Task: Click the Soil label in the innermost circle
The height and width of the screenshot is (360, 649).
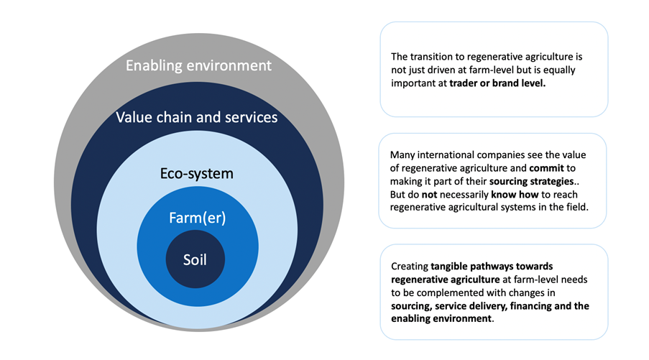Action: [x=195, y=259]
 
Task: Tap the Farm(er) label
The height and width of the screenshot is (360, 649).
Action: [x=198, y=218]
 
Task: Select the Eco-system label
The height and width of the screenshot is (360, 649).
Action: [x=197, y=173]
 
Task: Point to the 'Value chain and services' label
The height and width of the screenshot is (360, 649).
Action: [x=197, y=117]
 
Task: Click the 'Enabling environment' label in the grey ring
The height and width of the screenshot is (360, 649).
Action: [x=198, y=65]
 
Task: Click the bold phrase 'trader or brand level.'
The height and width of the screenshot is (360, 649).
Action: [x=497, y=83]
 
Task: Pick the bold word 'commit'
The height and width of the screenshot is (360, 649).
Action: [x=546, y=168]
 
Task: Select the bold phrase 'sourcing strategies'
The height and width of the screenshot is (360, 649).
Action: [x=531, y=181]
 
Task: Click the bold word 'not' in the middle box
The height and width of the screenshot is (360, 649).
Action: [x=429, y=195]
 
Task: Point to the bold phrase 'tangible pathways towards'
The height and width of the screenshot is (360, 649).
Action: [x=492, y=266]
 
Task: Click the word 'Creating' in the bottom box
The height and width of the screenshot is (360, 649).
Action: [x=410, y=267]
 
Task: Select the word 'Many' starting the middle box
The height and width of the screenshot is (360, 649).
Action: [x=402, y=155]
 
